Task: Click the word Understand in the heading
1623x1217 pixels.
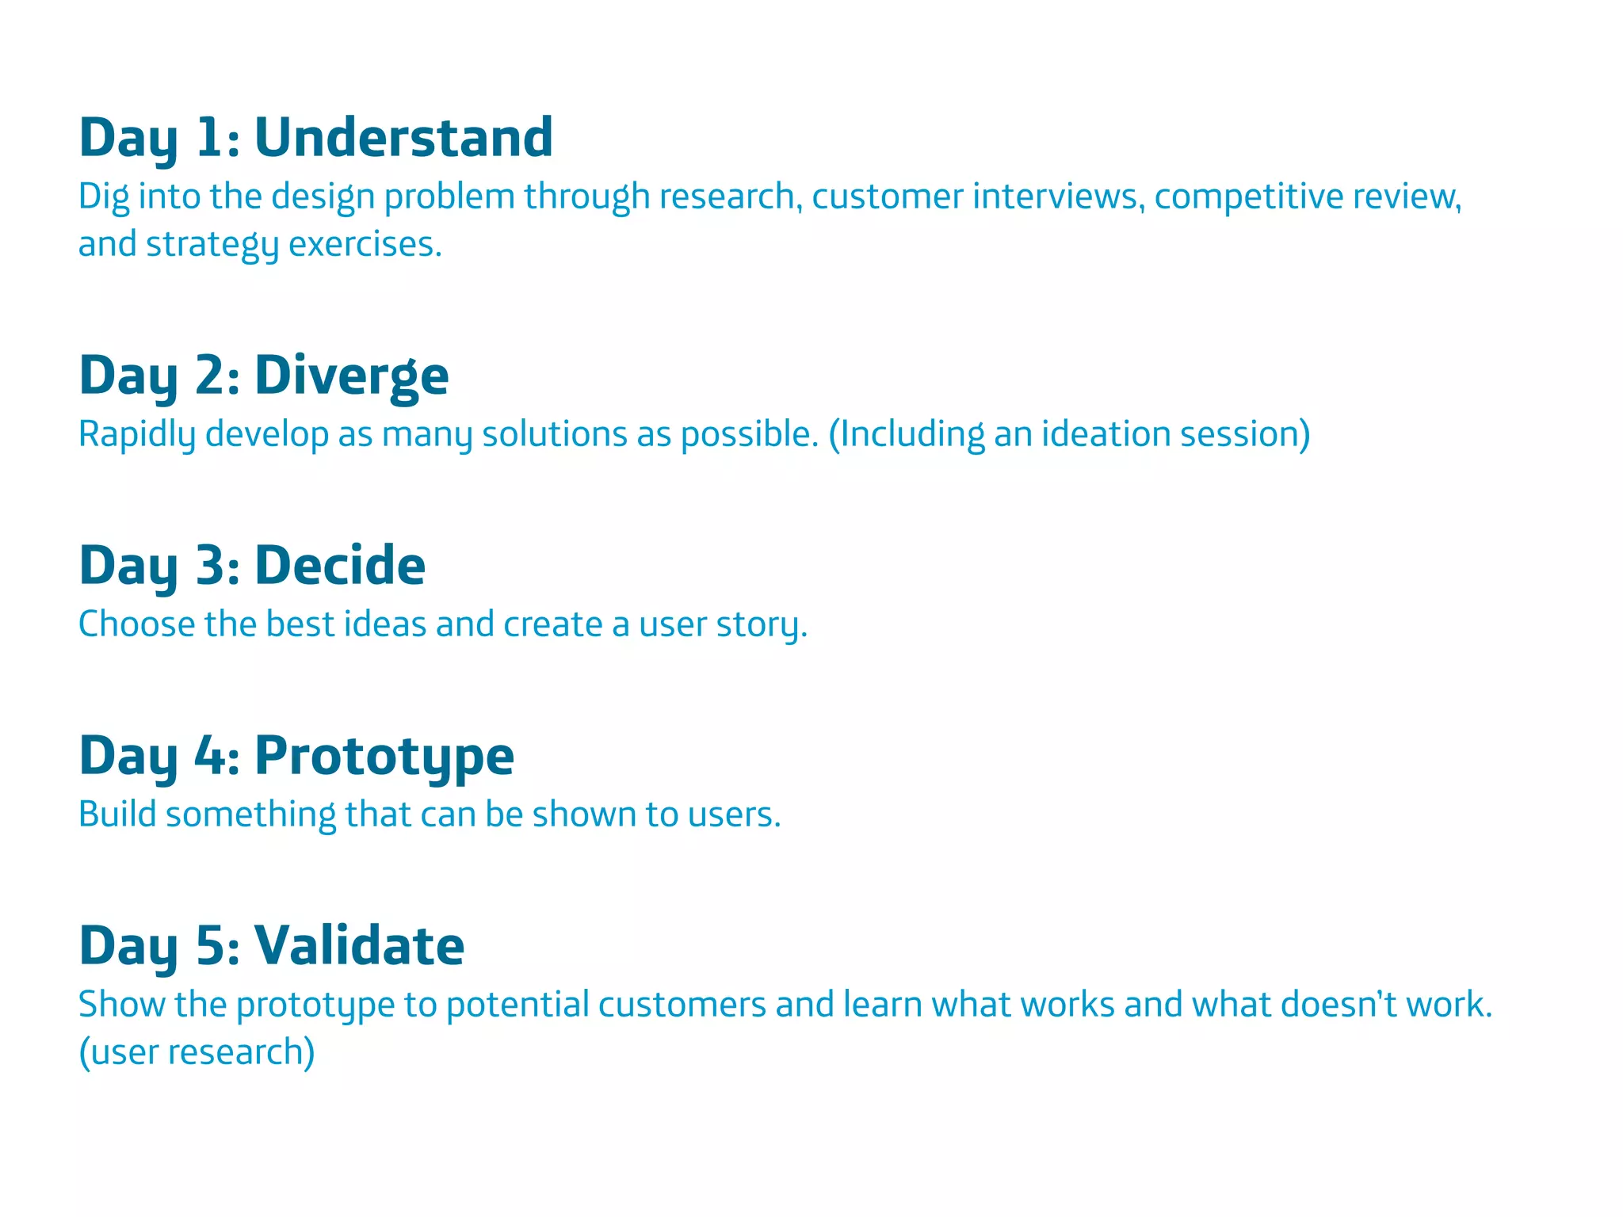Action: pyautogui.click(x=403, y=137)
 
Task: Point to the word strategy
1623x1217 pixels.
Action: pyautogui.click(x=212, y=244)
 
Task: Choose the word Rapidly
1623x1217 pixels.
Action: pyautogui.click(x=136, y=434)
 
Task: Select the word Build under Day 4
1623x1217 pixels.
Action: pyautogui.click(x=117, y=815)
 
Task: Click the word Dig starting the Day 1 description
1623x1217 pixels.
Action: pyautogui.click(x=103, y=196)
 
